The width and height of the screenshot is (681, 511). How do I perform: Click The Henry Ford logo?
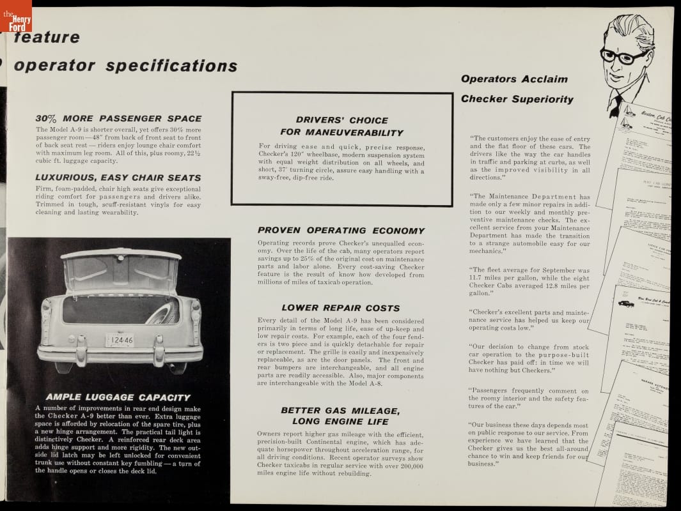[17, 17]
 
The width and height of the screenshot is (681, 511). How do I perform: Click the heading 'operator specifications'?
[125, 66]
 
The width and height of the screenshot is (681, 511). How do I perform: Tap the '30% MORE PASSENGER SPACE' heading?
[118, 119]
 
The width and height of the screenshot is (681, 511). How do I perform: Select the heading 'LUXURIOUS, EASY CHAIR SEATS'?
[118, 178]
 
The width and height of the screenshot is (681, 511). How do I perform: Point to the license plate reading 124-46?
[120, 340]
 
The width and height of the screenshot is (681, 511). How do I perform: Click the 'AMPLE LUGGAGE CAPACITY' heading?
[118, 397]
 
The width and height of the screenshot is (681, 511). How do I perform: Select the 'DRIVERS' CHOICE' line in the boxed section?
[342, 120]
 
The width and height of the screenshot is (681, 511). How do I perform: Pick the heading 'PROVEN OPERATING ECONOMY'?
[341, 231]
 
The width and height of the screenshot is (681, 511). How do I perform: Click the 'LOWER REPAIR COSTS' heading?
[341, 308]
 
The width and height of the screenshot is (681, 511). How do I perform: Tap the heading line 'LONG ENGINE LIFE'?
[340, 422]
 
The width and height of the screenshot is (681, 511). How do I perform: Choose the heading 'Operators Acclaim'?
[514, 79]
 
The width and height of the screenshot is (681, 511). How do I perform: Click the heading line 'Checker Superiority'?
[517, 99]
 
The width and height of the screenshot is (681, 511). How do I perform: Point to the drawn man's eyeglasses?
[623, 56]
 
